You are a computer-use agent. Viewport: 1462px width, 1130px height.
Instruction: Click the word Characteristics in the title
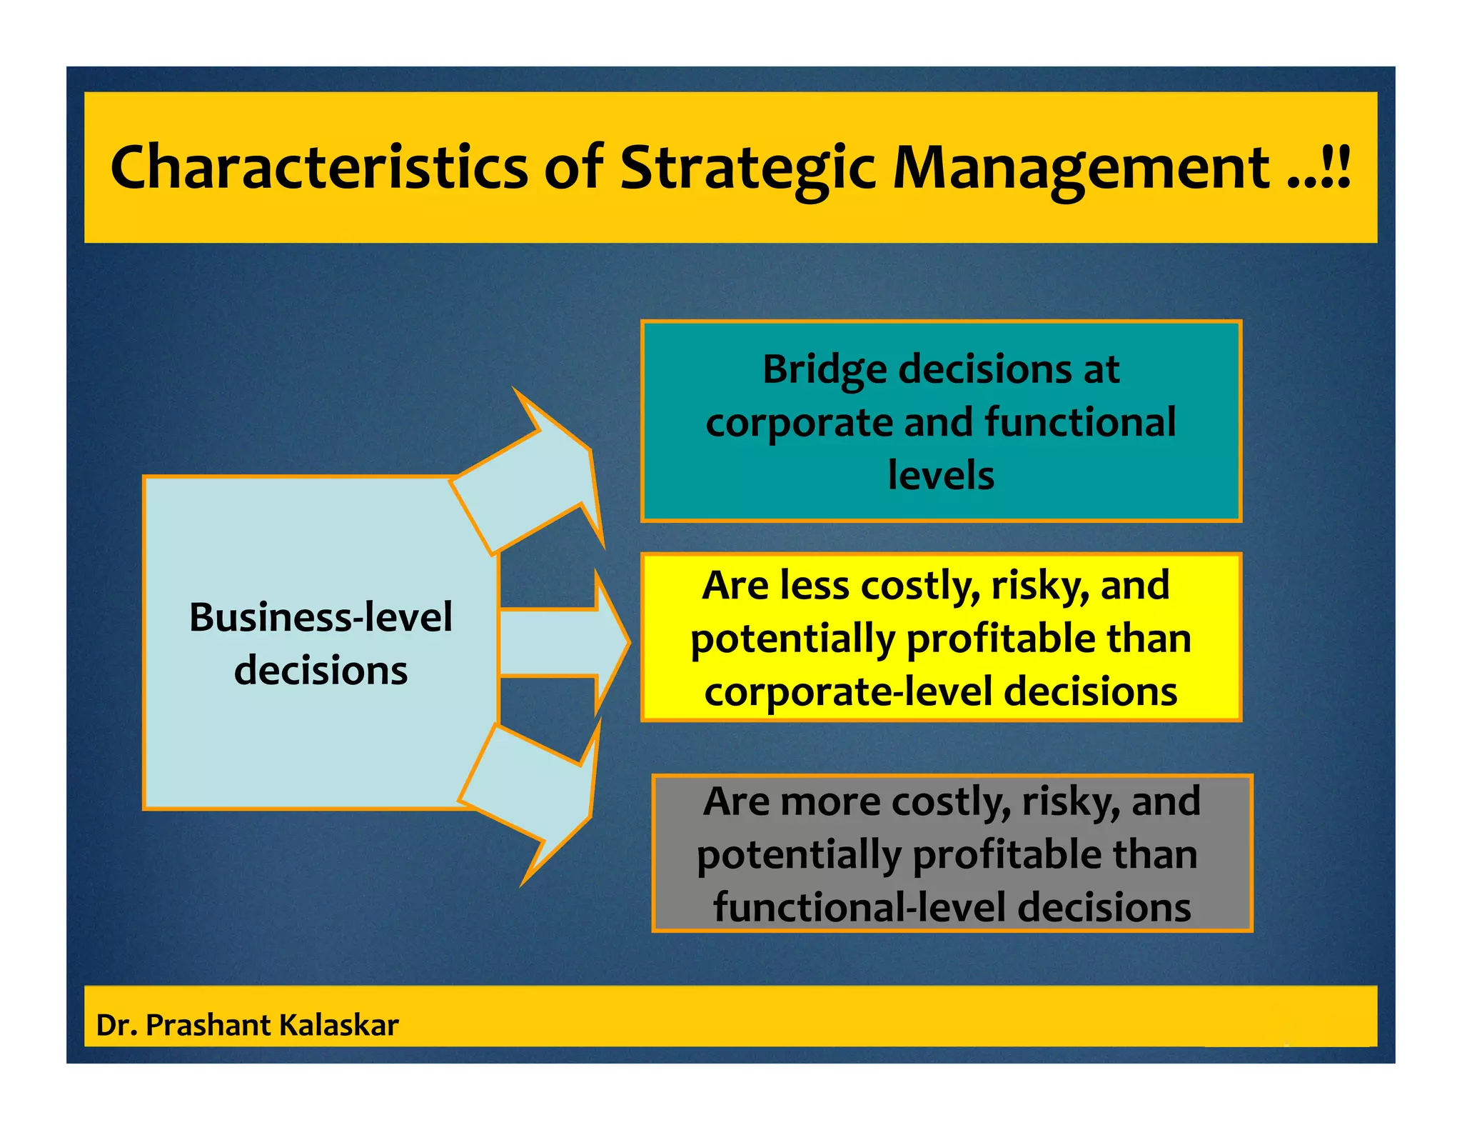click(318, 167)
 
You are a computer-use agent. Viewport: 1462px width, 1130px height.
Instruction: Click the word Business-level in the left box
click(321, 617)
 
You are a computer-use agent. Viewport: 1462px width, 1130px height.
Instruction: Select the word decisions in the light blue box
click(321, 671)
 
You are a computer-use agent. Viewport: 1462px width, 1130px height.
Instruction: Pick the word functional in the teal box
click(1080, 422)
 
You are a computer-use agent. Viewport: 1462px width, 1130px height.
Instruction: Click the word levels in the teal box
click(941, 475)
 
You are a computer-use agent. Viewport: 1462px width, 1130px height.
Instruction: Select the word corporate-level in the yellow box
click(849, 692)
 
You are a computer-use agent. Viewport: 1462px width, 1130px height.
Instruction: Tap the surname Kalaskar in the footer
click(338, 1025)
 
